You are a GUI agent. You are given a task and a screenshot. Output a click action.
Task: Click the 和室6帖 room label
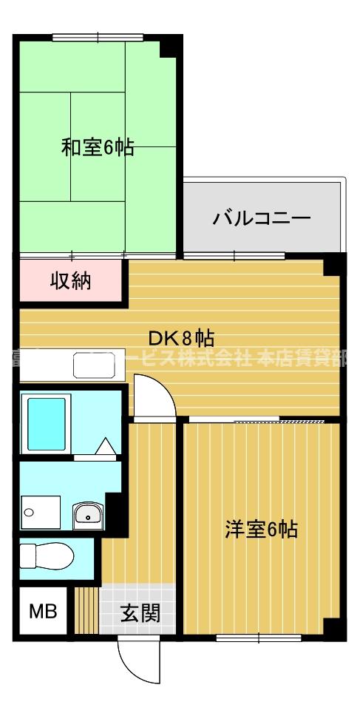[97, 148]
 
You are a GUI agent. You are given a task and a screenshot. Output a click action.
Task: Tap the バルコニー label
[262, 218]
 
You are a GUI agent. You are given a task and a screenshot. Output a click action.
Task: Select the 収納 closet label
[70, 281]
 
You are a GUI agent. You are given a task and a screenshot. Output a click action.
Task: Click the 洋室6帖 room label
[261, 530]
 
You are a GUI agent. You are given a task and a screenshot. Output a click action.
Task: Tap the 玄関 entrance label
[140, 612]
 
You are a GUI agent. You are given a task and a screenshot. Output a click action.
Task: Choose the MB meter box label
[42, 612]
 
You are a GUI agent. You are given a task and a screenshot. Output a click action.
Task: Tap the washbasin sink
[89, 513]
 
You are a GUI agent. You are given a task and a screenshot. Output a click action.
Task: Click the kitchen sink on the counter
[95, 365]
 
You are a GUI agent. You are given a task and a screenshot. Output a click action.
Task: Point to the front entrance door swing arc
[140, 662]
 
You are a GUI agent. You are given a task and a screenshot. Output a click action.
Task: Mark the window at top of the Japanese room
[98, 36]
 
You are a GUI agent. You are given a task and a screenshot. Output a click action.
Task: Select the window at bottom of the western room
[259, 636]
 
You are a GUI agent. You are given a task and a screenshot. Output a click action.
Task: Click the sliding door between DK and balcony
[234, 256]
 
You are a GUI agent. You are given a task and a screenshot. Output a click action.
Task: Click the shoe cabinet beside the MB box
[86, 610]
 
